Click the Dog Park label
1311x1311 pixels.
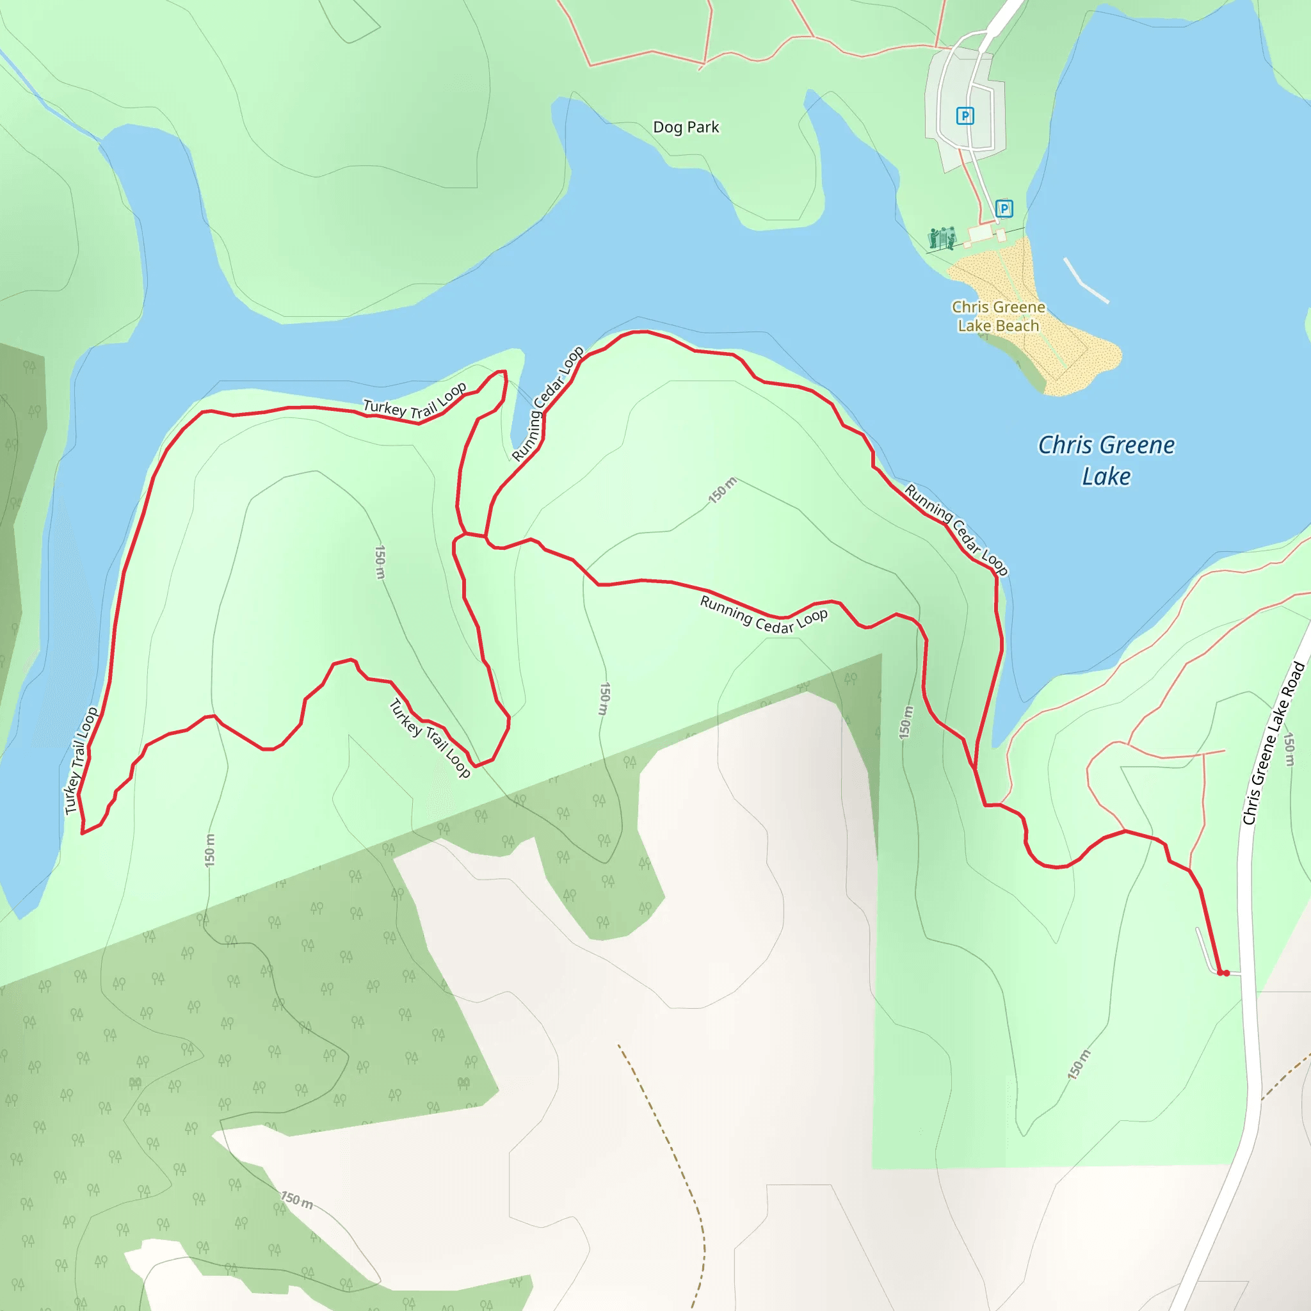[686, 127]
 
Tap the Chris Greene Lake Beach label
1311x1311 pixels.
[998, 316]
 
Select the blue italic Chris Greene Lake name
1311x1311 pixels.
[1106, 461]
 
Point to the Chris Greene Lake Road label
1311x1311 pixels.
[1273, 744]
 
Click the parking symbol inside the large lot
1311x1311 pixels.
[964, 116]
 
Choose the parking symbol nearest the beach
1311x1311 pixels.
[1004, 208]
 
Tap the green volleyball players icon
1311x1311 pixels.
[942, 237]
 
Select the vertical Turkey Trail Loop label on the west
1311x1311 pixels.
[81, 760]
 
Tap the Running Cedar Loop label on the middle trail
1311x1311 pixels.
[764, 615]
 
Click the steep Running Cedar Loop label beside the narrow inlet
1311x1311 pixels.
[547, 404]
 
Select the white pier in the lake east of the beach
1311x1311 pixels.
[1086, 280]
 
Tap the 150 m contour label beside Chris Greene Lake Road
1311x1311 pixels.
[1289, 750]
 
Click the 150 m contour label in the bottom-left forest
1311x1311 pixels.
[297, 1200]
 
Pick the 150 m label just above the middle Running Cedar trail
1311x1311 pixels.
[722, 490]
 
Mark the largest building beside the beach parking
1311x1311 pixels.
[980, 234]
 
